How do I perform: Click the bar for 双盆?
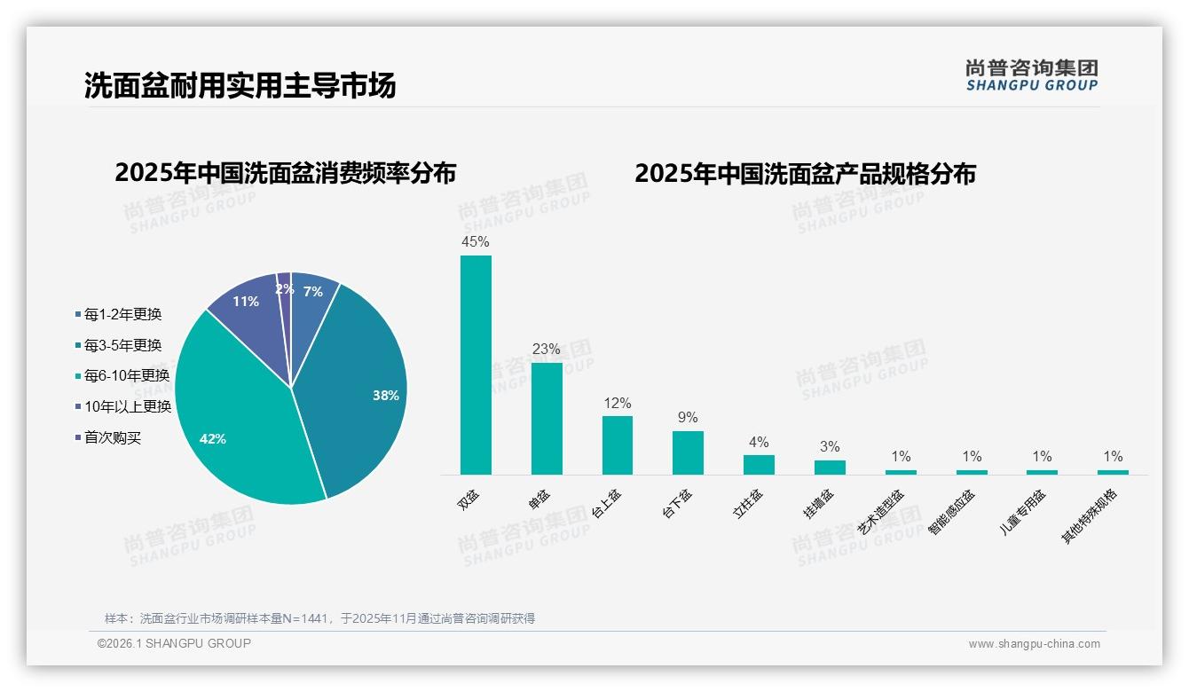(x=476, y=365)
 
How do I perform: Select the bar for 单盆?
(x=547, y=418)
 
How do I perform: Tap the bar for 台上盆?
(x=618, y=444)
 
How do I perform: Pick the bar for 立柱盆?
(x=759, y=464)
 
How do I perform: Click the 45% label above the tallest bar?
(x=476, y=241)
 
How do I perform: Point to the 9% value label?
(x=688, y=417)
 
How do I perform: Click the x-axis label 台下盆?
(x=678, y=503)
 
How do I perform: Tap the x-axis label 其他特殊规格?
(x=1091, y=515)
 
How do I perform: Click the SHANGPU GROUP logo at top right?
(x=1031, y=75)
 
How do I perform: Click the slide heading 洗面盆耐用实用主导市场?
(x=240, y=85)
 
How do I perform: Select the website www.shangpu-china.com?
(x=1034, y=644)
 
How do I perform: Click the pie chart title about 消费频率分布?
(x=285, y=173)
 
